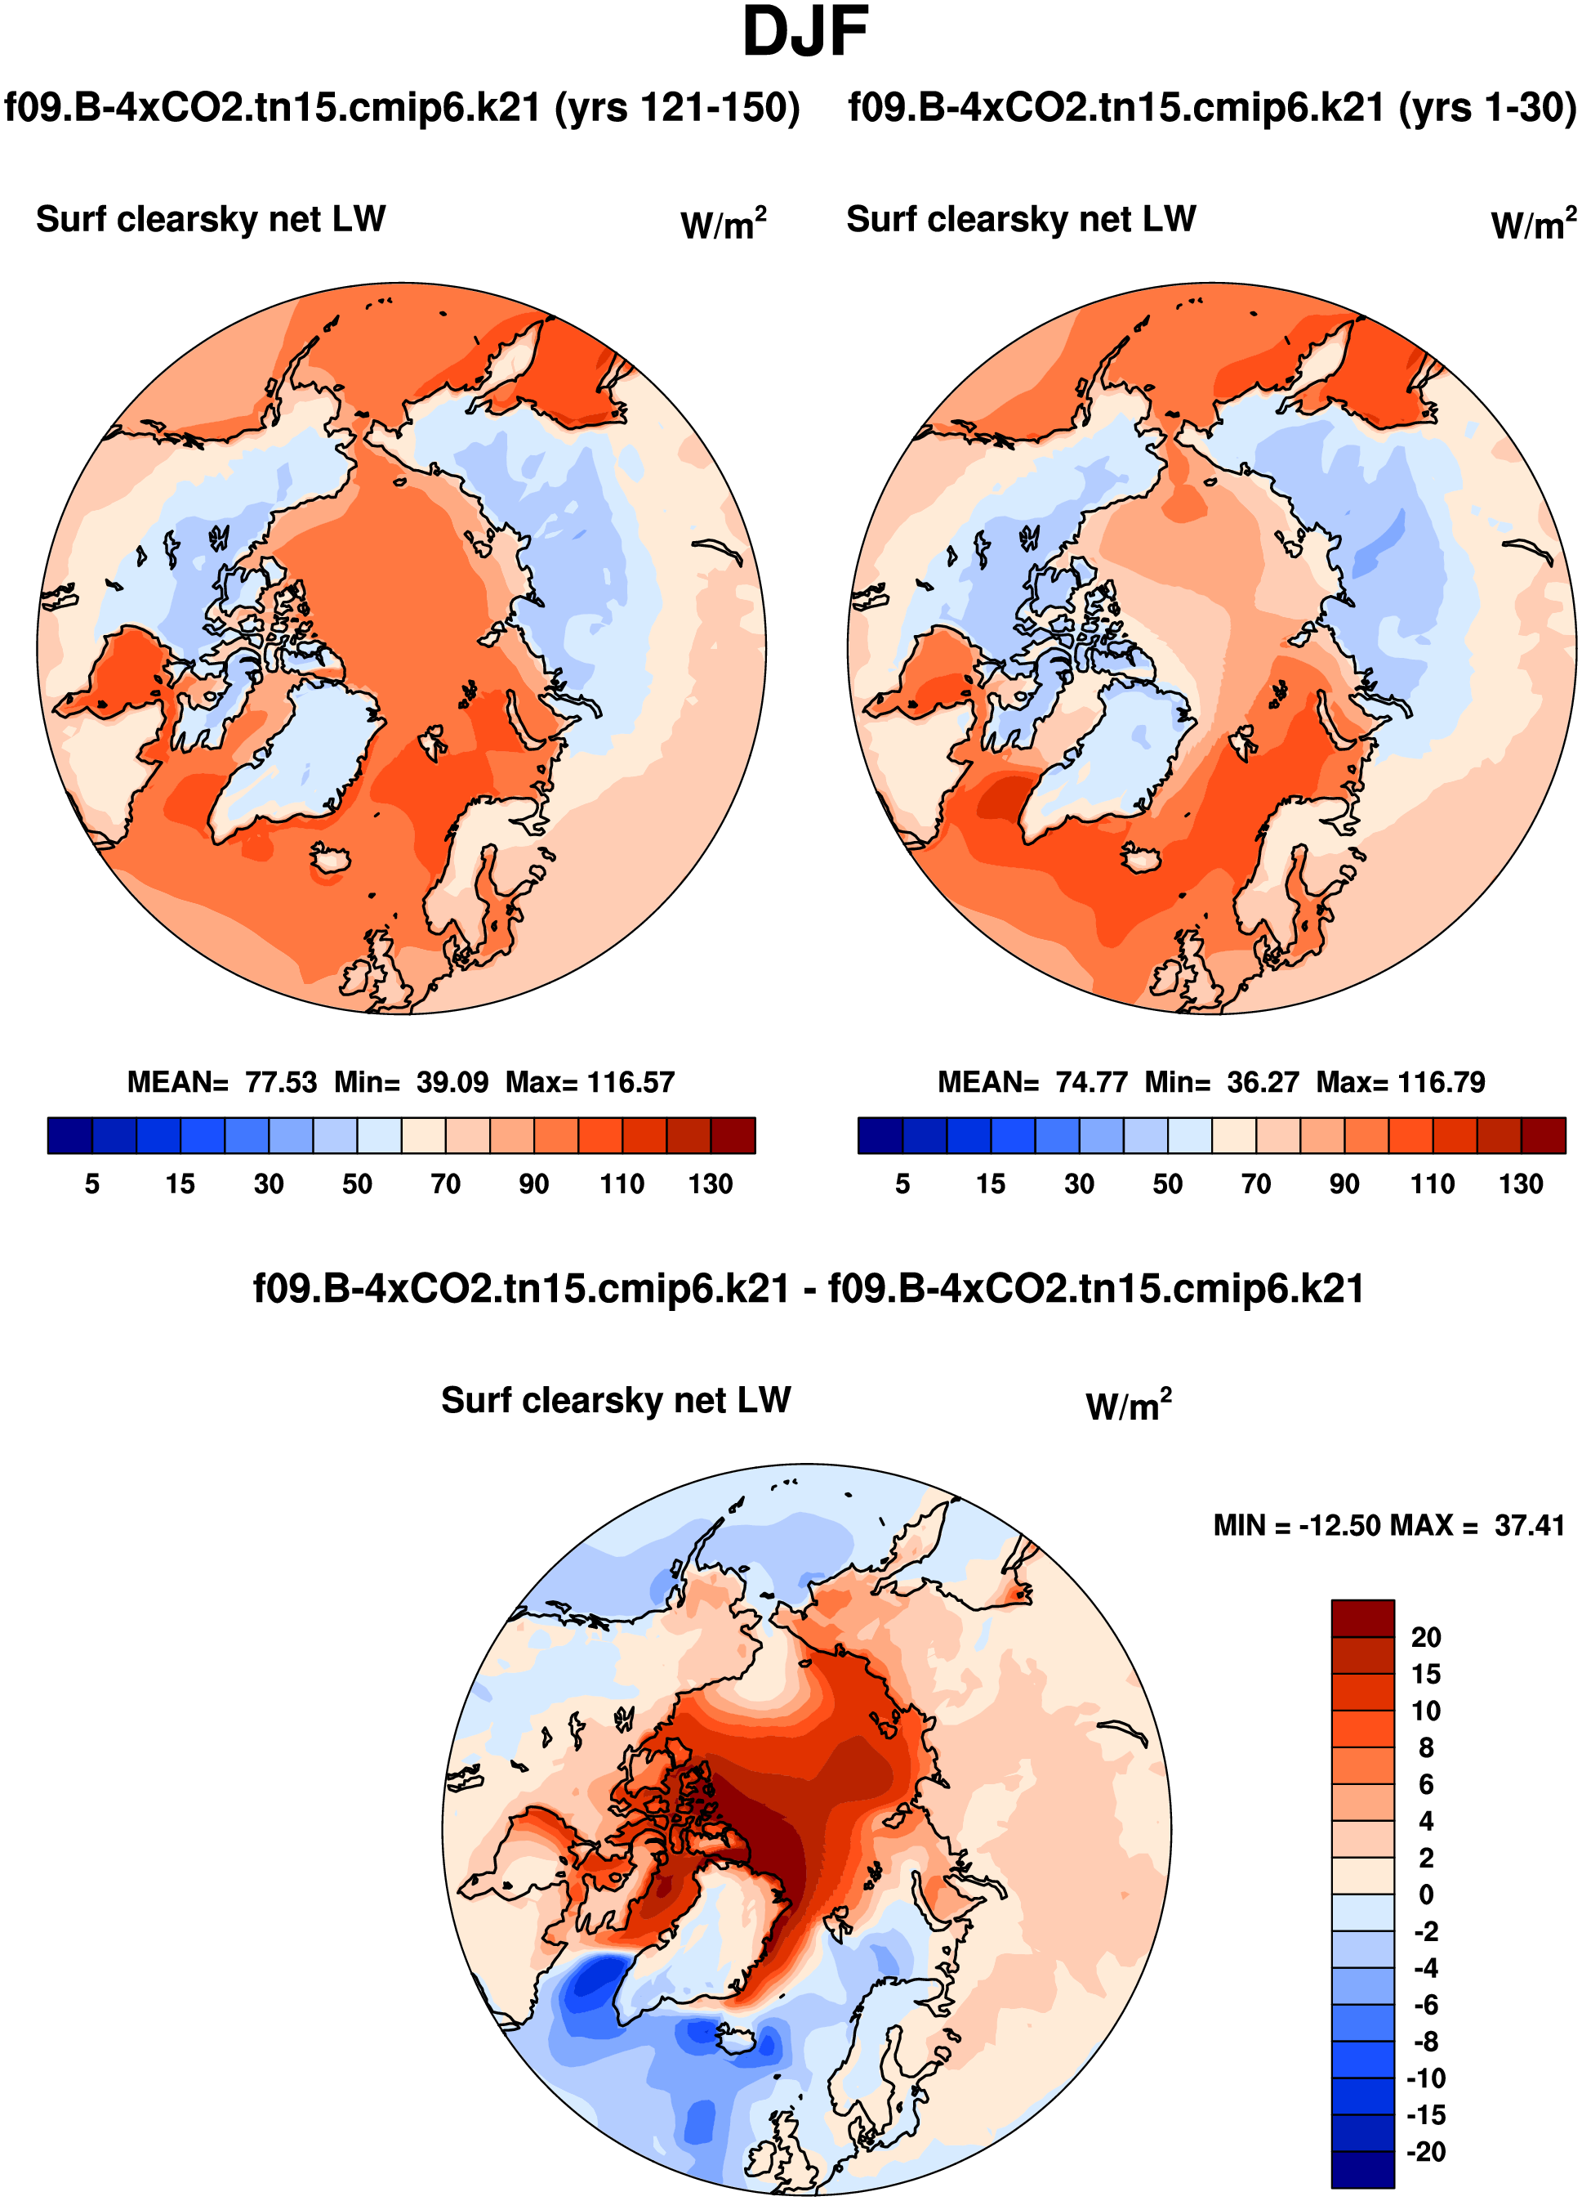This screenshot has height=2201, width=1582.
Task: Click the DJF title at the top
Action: tap(804, 33)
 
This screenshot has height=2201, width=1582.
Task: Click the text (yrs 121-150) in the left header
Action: tap(677, 107)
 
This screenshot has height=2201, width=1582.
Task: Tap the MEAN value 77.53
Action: tap(280, 1082)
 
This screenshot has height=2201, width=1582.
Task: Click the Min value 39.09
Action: tap(452, 1082)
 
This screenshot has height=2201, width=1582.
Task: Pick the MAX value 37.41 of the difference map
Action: tap(1530, 1526)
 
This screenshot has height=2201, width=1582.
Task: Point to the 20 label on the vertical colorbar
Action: tap(1425, 1637)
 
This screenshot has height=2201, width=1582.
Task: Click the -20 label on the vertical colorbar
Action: tap(1425, 2151)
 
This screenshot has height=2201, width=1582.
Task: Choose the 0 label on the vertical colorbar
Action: tap(1425, 1895)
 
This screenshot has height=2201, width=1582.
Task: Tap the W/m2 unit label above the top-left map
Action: tap(723, 224)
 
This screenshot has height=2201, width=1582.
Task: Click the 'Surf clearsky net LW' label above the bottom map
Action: tap(616, 1400)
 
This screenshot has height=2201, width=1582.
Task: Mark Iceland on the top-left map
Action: tap(330, 859)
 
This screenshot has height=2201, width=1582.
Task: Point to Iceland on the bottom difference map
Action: tap(738, 2036)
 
